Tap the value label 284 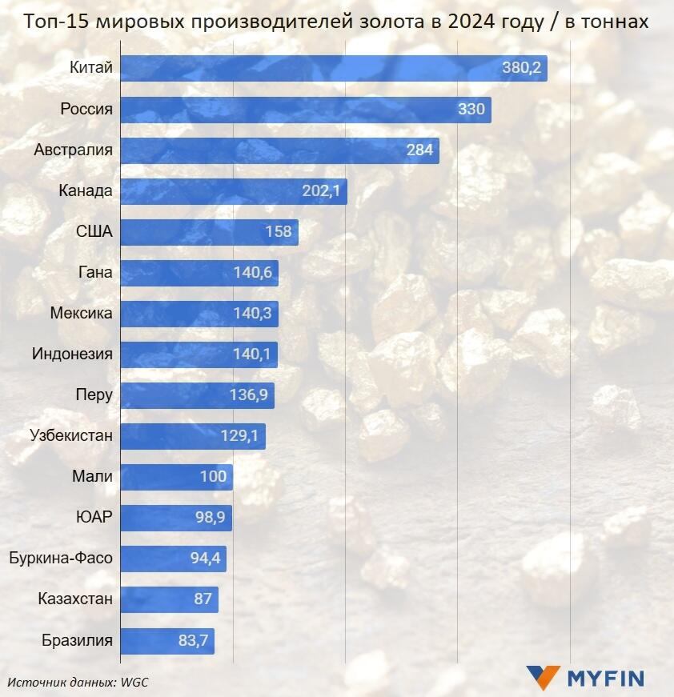pos(419,150)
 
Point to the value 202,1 pos(322,191)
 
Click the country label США pos(94,232)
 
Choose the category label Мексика pos(81,313)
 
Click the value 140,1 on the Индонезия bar pos(252,354)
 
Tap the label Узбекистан pos(71,436)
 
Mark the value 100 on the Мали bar pos(213,477)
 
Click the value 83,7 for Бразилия pos(194,640)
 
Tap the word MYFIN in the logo pos(606,679)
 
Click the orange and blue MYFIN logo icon pos(543,678)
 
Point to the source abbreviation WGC pos(135,682)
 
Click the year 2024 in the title pos(473,22)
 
